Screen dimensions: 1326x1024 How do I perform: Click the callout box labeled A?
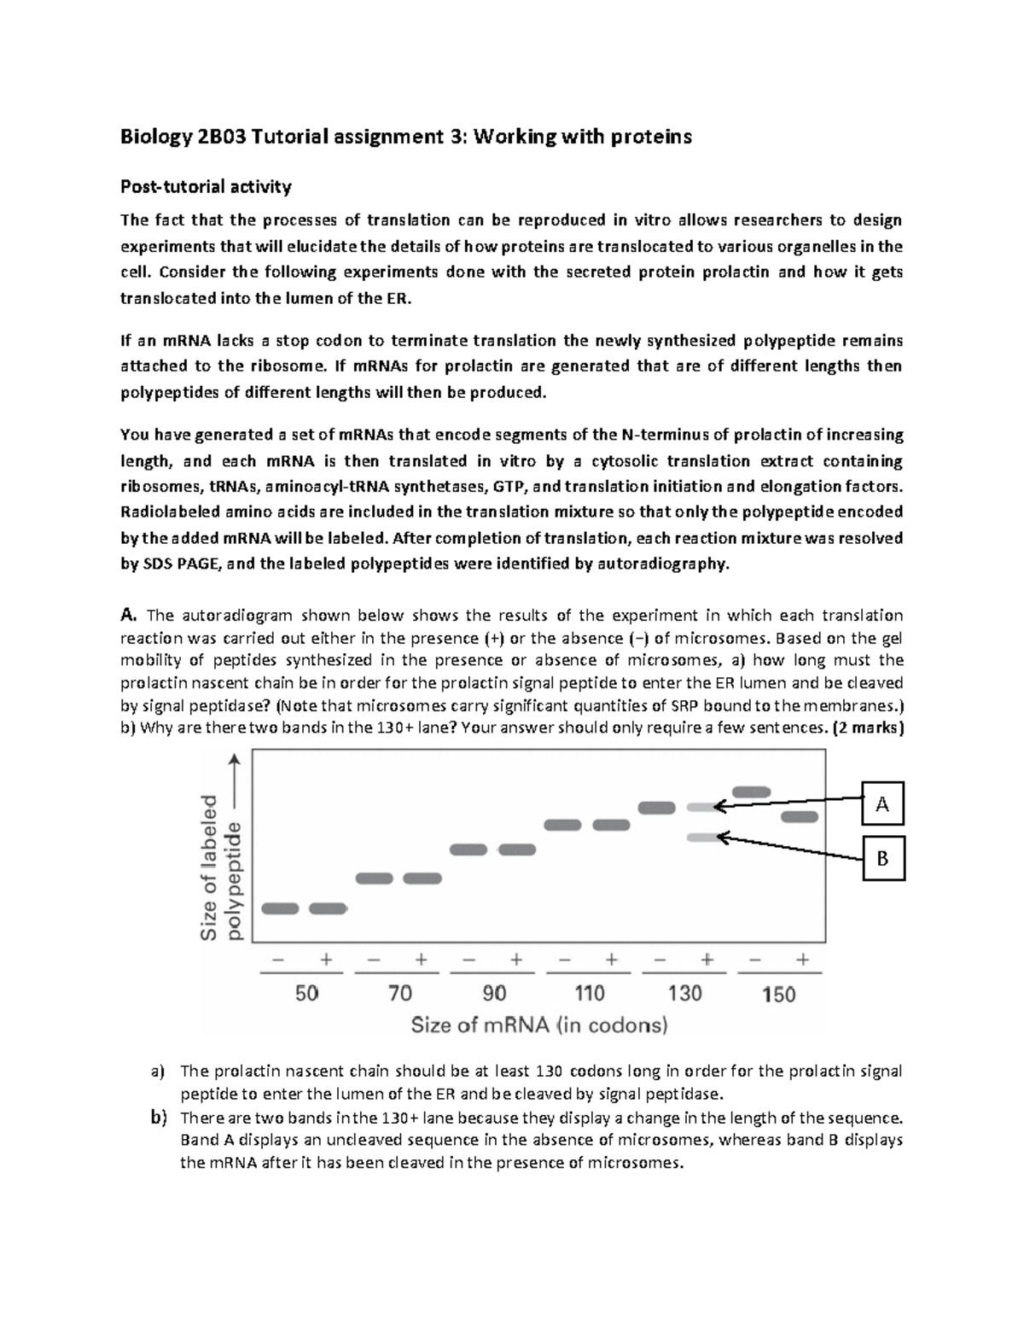pos(882,803)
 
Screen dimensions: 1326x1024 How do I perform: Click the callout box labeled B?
pos(882,858)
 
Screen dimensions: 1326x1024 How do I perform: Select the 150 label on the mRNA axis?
pos(778,993)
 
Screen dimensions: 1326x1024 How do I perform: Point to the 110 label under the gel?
pos(589,993)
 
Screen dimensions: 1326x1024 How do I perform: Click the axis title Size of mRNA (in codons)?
pos(539,1025)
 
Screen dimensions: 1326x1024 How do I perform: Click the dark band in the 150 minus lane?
pos(752,792)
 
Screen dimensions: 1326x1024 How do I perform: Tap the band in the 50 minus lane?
pos(280,908)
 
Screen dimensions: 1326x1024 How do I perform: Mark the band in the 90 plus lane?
pos(517,850)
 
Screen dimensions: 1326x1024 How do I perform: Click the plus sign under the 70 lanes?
pos(421,960)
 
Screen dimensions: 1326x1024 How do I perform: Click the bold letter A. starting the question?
pos(129,615)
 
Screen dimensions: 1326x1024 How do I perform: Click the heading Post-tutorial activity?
pos(206,186)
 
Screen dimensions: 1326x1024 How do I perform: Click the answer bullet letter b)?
pos(158,1118)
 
